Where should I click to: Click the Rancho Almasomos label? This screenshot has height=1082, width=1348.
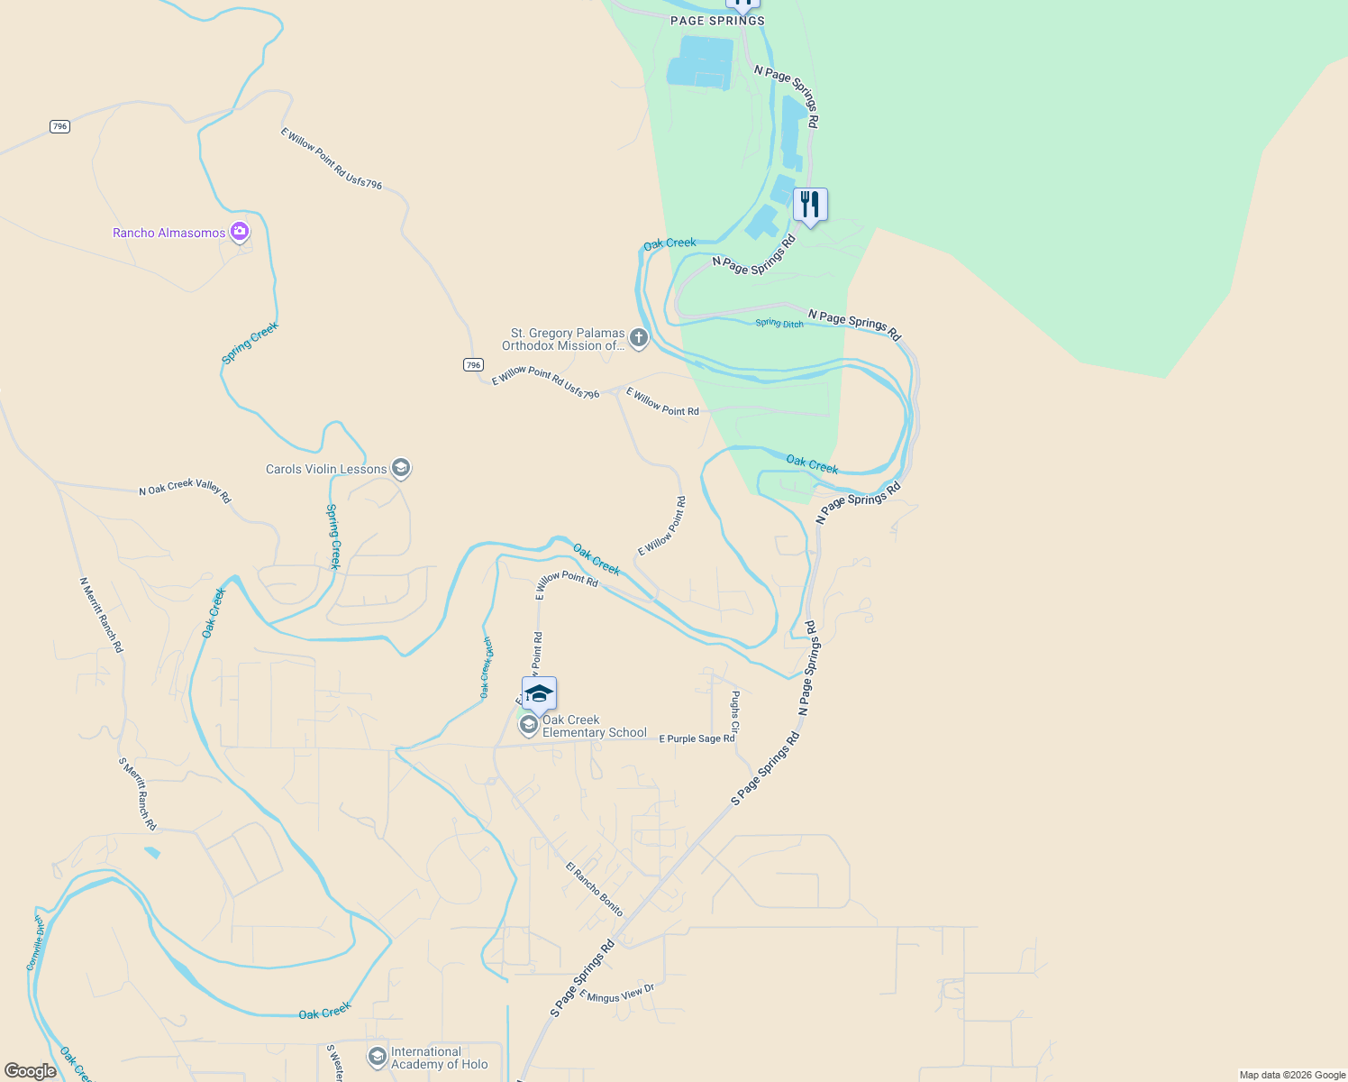click(x=168, y=233)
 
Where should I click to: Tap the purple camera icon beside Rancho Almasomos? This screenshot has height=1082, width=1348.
click(x=240, y=232)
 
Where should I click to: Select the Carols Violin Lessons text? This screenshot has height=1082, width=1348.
click(x=326, y=469)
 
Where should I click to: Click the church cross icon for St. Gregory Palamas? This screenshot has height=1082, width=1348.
click(x=639, y=339)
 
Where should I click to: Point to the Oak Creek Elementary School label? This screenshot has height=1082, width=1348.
click(x=594, y=726)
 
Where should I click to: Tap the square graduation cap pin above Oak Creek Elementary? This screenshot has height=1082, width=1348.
click(x=539, y=694)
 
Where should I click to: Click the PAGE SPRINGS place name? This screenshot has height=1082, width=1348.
click(x=717, y=21)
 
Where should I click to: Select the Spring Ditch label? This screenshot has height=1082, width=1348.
click(x=779, y=323)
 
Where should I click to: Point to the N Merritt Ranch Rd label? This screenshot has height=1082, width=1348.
click(x=101, y=615)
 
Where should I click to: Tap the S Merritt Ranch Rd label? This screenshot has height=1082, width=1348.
click(x=138, y=793)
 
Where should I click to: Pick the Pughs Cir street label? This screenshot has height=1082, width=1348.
click(x=735, y=711)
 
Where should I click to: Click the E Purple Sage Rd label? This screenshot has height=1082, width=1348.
click(x=697, y=738)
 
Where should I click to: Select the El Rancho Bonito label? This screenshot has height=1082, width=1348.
click(x=595, y=889)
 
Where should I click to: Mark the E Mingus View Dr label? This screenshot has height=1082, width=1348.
click(x=616, y=993)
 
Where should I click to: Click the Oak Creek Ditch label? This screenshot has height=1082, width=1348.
click(x=486, y=667)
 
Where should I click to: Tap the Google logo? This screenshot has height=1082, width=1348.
click(x=31, y=1071)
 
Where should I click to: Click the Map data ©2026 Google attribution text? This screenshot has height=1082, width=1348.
click(x=1292, y=1075)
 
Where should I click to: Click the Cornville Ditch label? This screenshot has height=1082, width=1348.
click(x=35, y=943)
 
